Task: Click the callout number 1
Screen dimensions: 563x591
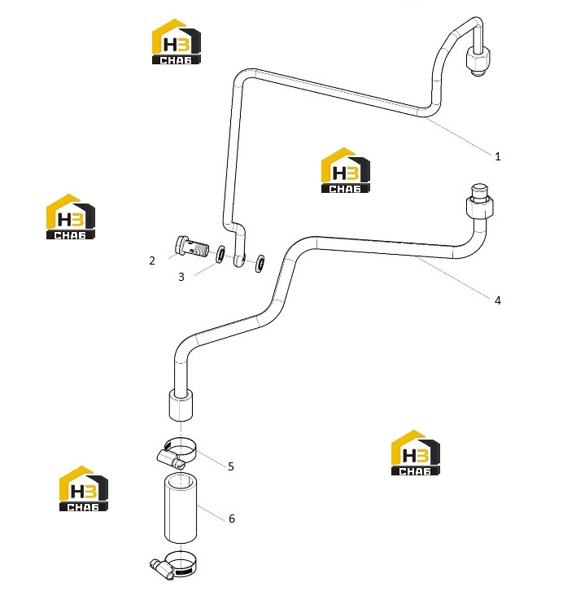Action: (497, 156)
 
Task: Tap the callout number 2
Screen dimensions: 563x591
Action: (152, 260)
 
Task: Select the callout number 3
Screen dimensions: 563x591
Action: (181, 277)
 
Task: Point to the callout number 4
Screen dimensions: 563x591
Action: (497, 300)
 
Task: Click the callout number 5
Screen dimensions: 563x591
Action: (231, 466)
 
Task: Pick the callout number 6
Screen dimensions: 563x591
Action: (232, 519)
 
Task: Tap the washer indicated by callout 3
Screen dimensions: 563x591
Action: (220, 254)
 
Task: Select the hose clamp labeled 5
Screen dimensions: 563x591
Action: (177, 453)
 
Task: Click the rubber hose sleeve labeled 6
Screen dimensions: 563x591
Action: (181, 508)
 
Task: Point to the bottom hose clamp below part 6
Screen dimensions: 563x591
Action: (173, 564)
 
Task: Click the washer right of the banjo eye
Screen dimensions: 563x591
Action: (260, 263)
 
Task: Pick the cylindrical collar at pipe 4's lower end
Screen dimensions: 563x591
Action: (181, 405)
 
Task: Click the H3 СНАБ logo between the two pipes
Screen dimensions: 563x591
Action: (345, 170)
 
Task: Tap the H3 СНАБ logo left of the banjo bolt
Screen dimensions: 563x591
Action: (71, 217)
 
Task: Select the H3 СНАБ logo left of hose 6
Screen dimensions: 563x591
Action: (83, 488)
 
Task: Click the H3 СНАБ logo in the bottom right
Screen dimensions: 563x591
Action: (416, 453)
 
